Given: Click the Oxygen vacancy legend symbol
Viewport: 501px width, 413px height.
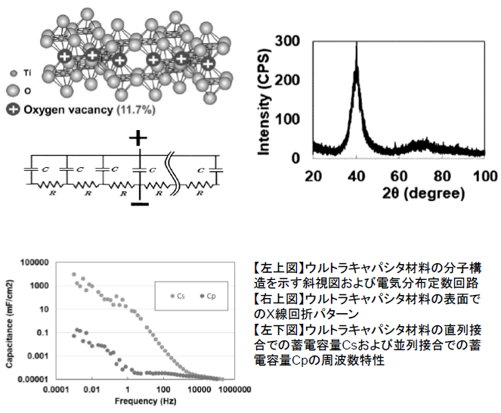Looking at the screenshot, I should tap(14, 109).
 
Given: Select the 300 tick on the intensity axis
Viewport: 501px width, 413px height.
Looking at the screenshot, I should tap(296, 42).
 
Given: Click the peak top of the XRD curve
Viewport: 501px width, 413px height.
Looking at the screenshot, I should tap(356, 44).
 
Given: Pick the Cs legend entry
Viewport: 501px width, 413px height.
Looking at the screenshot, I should tap(178, 296).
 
